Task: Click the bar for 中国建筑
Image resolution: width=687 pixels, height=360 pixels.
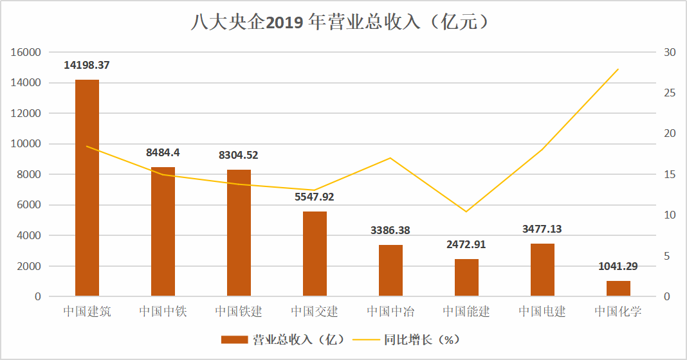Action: click(x=87, y=188)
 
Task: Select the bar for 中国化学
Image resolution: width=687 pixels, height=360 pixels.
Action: click(x=618, y=289)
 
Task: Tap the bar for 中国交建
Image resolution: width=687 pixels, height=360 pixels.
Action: click(x=315, y=254)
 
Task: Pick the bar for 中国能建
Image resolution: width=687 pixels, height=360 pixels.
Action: click(x=466, y=278)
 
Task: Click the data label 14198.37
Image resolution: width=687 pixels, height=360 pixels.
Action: click(x=87, y=65)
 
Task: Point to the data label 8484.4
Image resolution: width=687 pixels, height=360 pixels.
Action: click(x=163, y=152)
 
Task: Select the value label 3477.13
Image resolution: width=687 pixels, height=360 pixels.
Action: click(x=542, y=229)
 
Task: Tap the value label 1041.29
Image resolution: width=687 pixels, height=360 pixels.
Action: click(x=618, y=266)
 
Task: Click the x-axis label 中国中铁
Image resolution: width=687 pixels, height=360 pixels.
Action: click(x=163, y=312)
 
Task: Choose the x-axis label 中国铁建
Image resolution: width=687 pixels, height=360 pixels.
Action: click(x=239, y=312)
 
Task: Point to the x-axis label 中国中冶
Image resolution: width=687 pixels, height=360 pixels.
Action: click(x=390, y=312)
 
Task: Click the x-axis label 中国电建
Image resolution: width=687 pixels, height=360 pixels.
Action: click(x=542, y=312)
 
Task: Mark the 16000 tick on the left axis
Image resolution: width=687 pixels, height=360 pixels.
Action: click(x=26, y=52)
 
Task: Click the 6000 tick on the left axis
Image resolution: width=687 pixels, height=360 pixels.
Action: click(x=28, y=205)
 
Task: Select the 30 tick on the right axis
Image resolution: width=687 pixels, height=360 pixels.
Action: click(x=669, y=52)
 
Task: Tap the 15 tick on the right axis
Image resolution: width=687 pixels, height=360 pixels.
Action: click(x=669, y=174)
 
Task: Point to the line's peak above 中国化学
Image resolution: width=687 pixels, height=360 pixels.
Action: click(x=618, y=69)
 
